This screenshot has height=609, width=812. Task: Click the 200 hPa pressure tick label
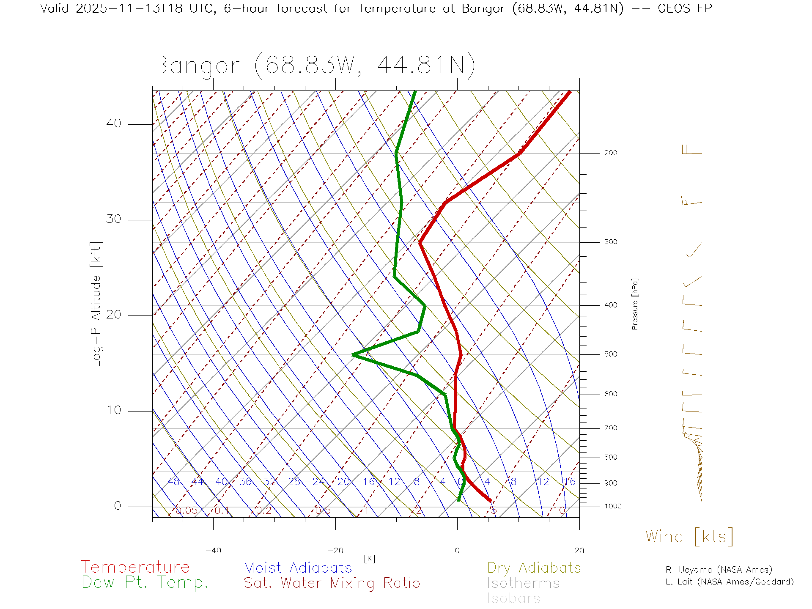point(610,153)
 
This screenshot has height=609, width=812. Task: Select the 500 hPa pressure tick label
point(610,354)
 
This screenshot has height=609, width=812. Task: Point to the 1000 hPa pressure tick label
point(612,506)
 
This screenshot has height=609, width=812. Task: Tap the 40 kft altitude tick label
point(113,123)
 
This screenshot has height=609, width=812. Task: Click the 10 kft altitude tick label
point(113,410)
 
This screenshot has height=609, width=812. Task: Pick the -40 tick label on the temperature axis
point(213,551)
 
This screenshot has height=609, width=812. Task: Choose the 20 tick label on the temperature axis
point(579,551)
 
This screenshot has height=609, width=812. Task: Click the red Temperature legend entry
point(135,567)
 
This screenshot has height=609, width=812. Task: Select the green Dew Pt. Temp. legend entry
point(145,582)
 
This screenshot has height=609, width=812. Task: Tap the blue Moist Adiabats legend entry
point(298,568)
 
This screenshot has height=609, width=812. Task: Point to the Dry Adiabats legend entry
point(534,568)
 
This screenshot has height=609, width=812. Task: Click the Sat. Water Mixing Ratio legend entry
point(332,583)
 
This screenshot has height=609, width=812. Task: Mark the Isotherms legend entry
point(523,583)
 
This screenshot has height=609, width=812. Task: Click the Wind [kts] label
point(689,537)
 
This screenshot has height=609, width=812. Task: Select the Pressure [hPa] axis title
point(635,304)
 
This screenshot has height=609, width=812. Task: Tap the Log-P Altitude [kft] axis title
point(96,304)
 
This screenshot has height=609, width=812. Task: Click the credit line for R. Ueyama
point(719,570)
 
